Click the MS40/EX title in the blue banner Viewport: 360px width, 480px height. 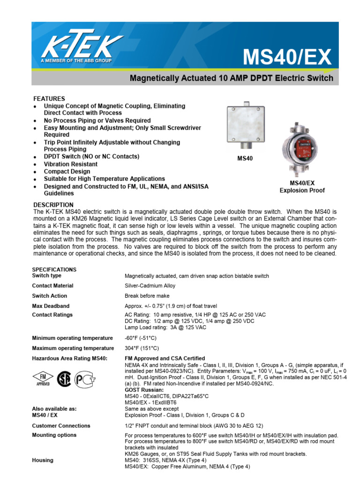[287, 58]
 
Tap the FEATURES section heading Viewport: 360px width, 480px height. [49, 99]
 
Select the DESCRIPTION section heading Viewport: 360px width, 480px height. [53, 205]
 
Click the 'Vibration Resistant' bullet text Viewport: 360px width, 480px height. [71, 164]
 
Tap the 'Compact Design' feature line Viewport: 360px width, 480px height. [67, 172]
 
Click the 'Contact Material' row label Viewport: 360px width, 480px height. [52, 285]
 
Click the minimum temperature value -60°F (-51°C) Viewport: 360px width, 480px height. [142, 338]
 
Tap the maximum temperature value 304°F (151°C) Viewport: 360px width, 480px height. [142, 348]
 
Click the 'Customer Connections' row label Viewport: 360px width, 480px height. [61, 426]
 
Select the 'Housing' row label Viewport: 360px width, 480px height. [43, 460]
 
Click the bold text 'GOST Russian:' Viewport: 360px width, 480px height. [144, 390]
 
